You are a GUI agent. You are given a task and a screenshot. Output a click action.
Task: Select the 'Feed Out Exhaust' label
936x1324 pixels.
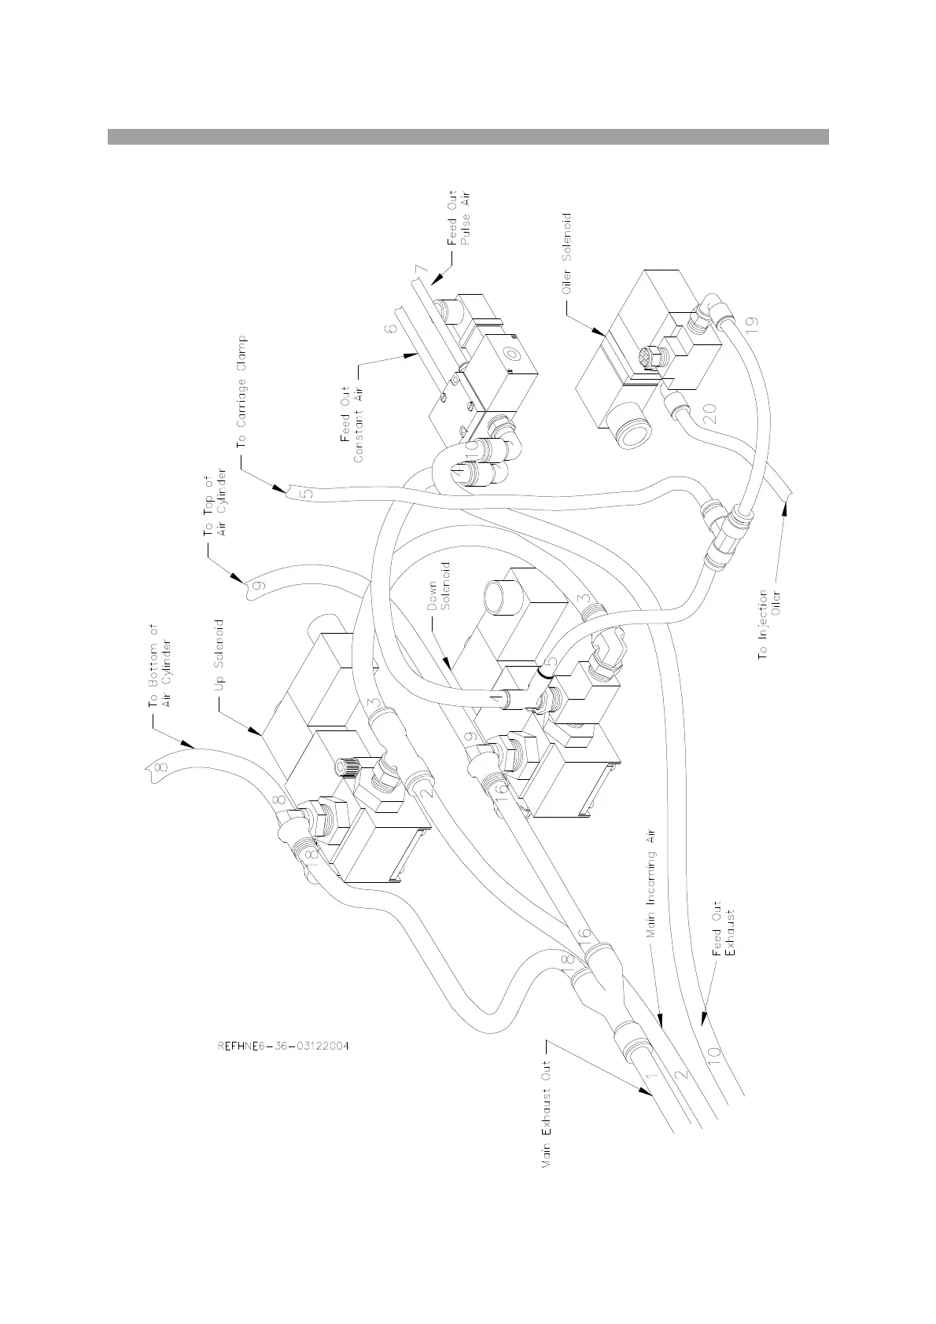(722, 929)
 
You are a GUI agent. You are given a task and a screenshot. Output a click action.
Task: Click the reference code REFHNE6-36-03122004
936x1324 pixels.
(283, 1046)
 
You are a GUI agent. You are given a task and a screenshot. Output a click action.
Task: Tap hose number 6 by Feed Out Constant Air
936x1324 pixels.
(390, 325)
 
